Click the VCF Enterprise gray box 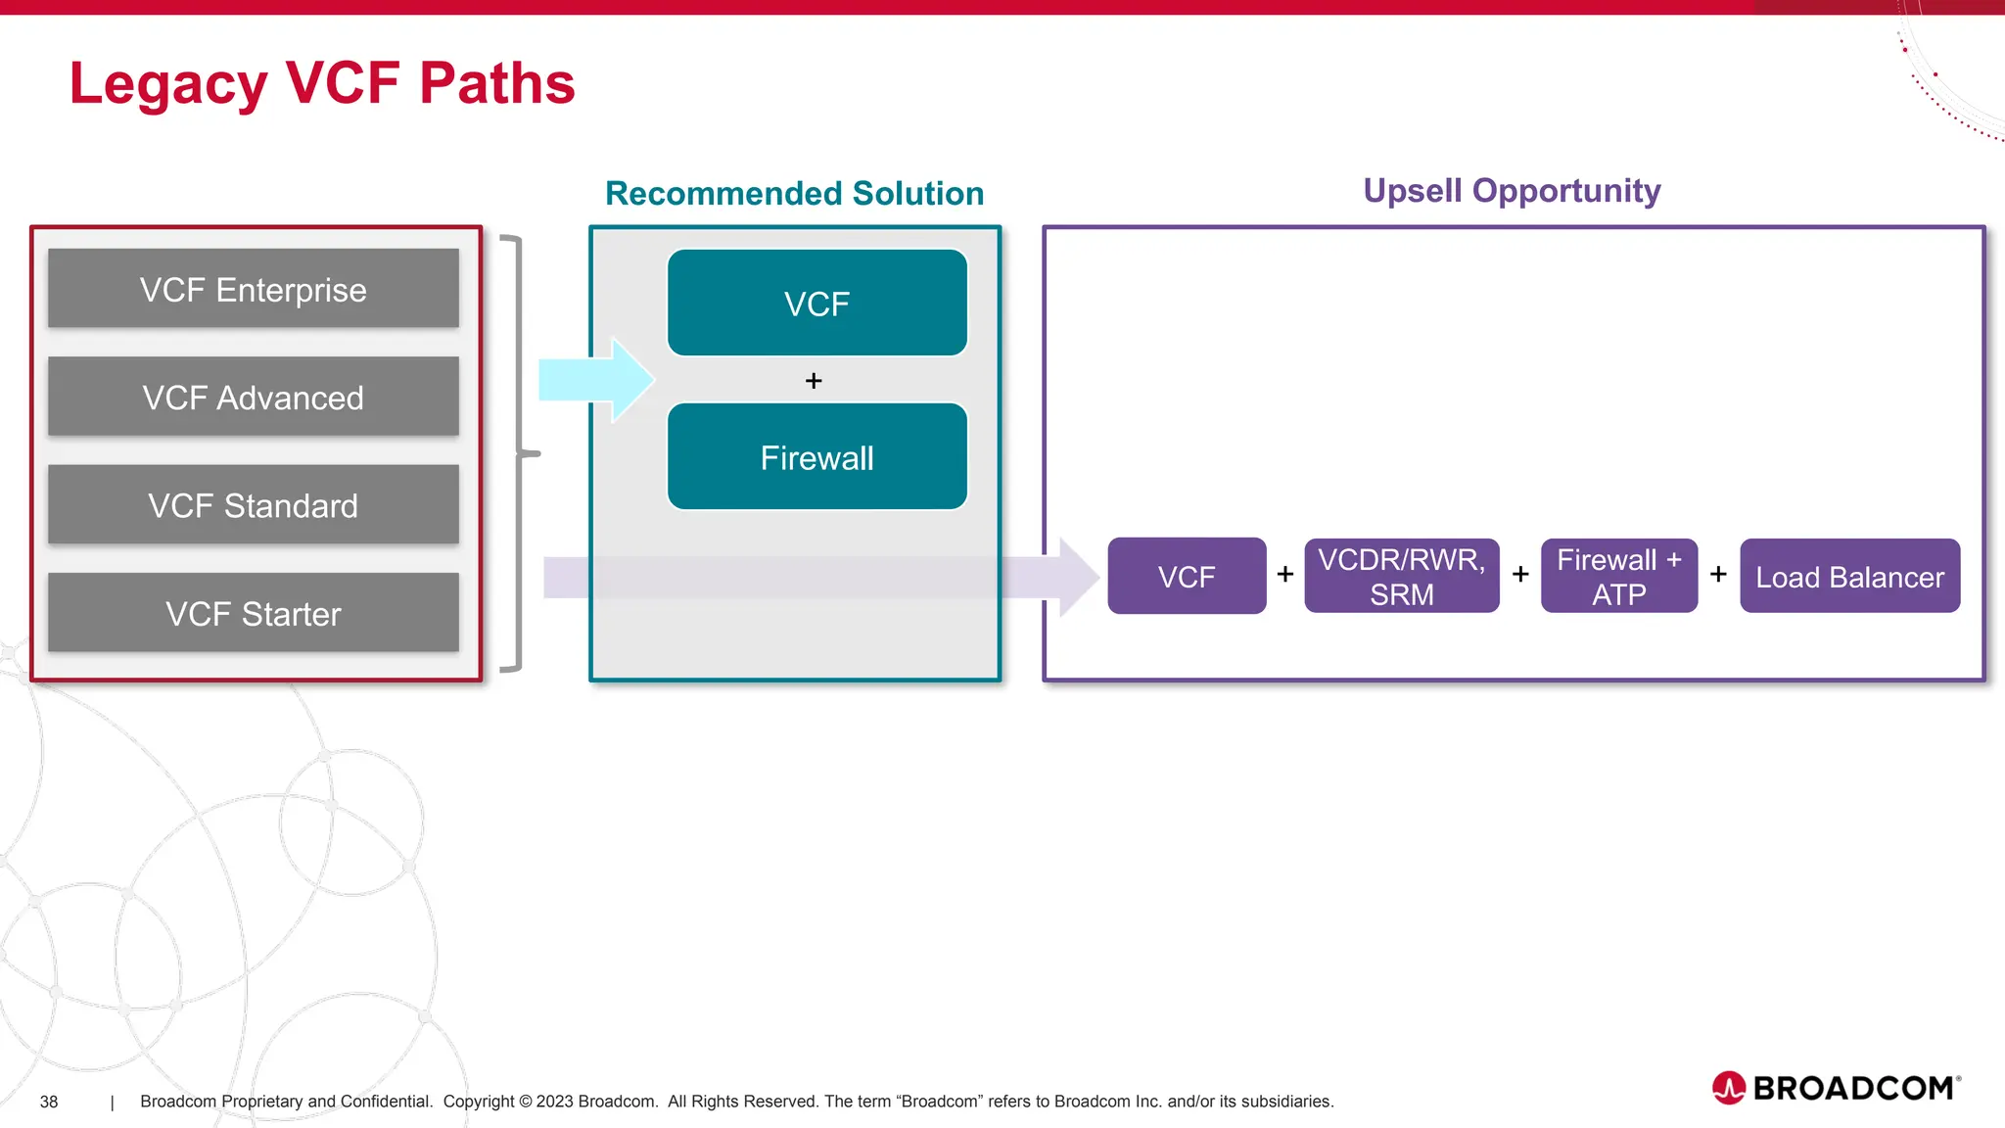(x=253, y=289)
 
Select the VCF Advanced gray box (x=253, y=397)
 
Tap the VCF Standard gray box (x=253, y=505)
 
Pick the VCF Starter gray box (x=253, y=613)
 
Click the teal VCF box (x=816, y=304)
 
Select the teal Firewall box (x=816, y=457)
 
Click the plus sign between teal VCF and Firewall (x=814, y=381)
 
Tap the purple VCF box (x=1187, y=576)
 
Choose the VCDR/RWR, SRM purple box (x=1401, y=576)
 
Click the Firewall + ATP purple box (x=1618, y=576)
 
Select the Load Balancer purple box (x=1849, y=576)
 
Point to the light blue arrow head (x=631, y=380)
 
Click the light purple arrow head (x=1078, y=577)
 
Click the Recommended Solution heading (x=794, y=193)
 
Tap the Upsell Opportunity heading (x=1512, y=190)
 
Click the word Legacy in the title (x=167, y=84)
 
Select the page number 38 (x=49, y=1102)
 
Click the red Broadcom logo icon (x=1728, y=1088)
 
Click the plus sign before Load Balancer (x=1718, y=575)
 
